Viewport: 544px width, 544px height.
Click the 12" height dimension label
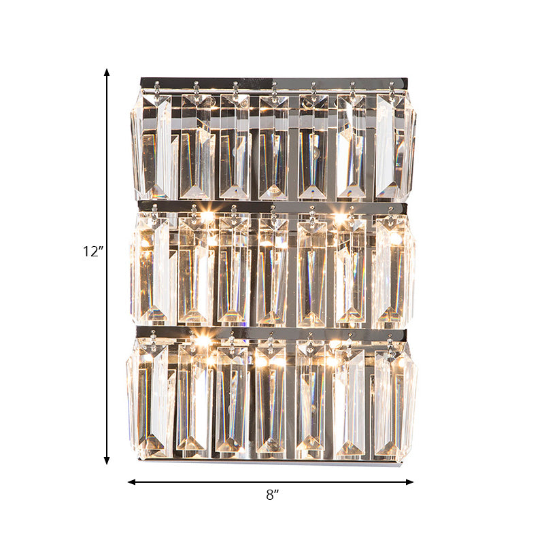(92, 252)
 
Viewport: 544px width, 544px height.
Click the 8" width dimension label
(273, 496)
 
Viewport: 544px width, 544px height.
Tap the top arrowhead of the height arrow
(107, 71)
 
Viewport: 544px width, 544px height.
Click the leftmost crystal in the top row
(152, 146)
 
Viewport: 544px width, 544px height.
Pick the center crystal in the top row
(273, 146)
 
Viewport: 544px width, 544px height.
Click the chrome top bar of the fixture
(272, 82)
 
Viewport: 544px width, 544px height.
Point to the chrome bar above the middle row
(272, 205)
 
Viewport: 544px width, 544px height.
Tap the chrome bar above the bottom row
(272, 333)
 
